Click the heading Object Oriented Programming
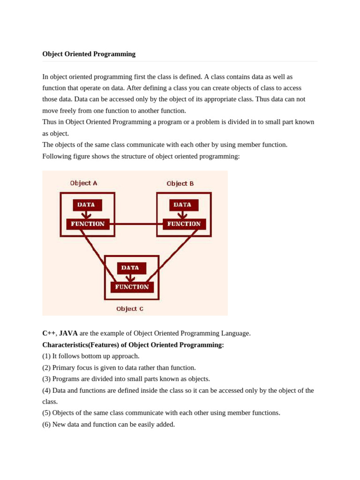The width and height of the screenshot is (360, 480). pos(89,54)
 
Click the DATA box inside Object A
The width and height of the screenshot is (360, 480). pos(87,205)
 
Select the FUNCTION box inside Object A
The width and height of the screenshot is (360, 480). pos(88,224)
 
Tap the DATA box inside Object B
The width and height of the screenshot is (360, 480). pos(183,205)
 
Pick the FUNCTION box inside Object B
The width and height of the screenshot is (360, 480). pos(184,224)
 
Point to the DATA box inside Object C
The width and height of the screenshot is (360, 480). pos(131,268)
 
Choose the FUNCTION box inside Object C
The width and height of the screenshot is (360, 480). pos(132,287)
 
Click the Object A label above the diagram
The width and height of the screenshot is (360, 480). pos(84,183)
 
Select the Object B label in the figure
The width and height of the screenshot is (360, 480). pos(180,184)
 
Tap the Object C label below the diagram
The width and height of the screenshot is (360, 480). pos(130,309)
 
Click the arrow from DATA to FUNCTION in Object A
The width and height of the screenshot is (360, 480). pos(86,215)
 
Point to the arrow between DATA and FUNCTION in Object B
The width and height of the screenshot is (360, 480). pos(182,215)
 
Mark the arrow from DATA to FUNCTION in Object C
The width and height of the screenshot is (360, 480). pos(130,278)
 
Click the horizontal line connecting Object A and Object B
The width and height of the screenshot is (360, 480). pos(136,224)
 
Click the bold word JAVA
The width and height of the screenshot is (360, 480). pos(68,333)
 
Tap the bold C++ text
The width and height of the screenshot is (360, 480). pos(49,333)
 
